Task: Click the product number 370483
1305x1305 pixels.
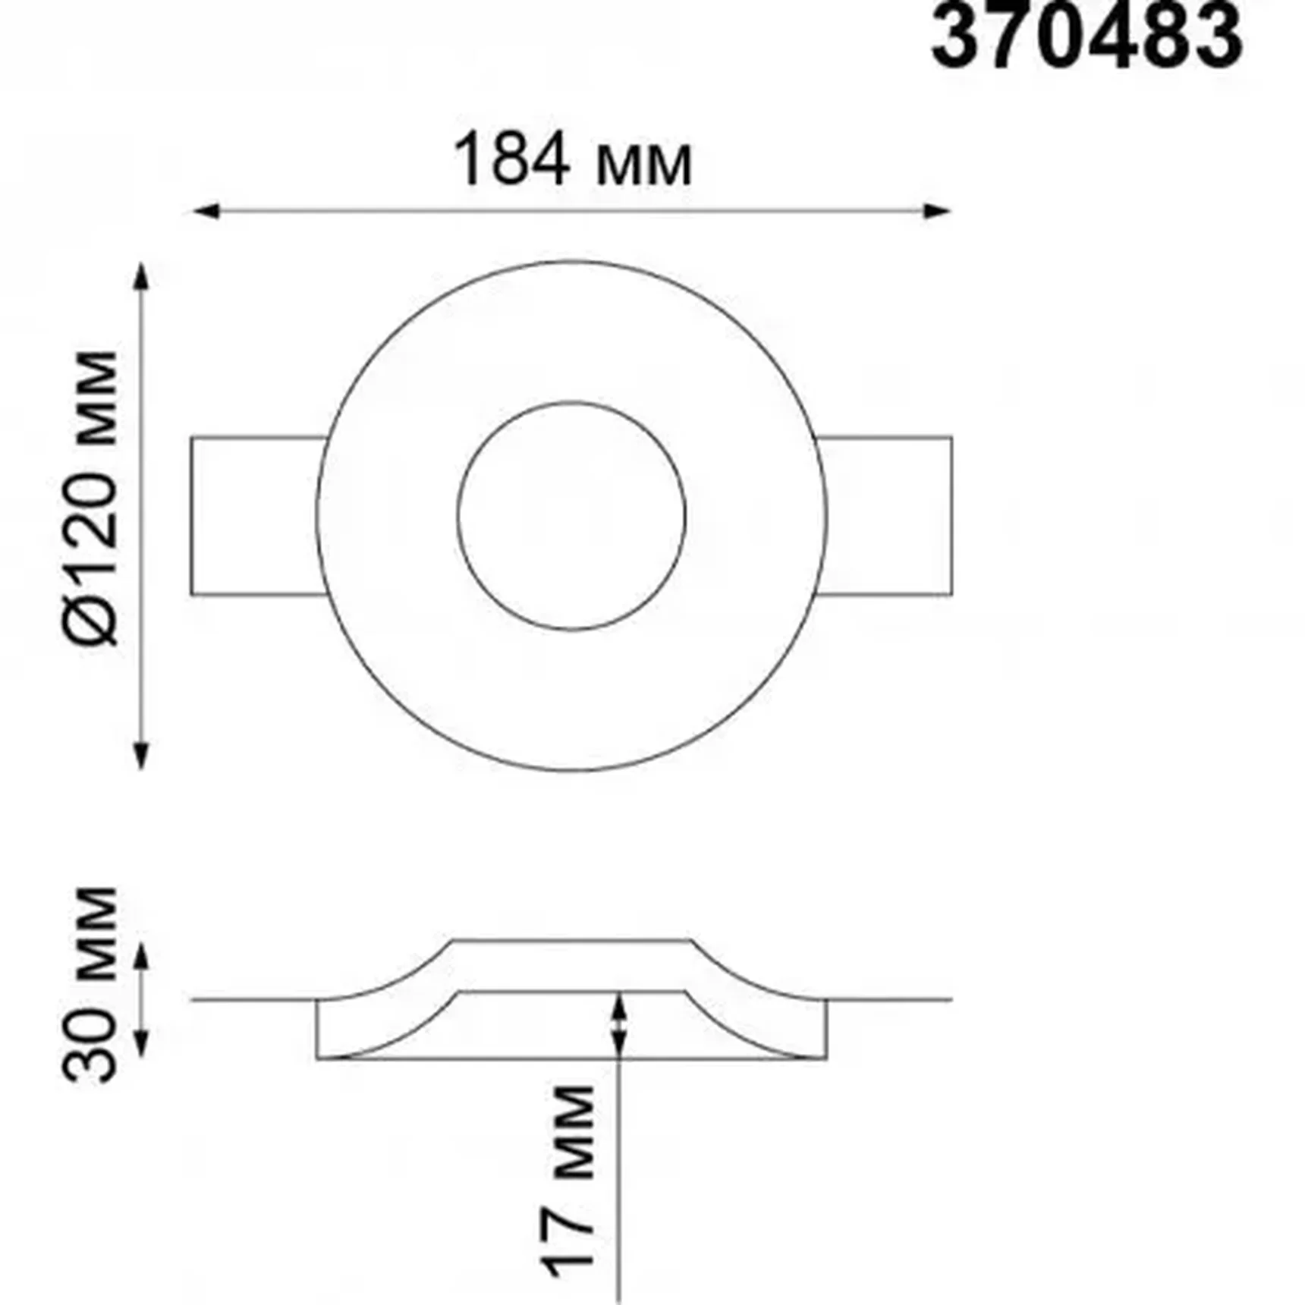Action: pos(1086,36)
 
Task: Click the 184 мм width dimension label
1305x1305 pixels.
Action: pos(572,161)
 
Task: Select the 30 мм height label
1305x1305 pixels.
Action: pos(91,984)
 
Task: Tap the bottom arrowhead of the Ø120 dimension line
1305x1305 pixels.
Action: pos(141,755)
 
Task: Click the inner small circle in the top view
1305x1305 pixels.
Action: pos(572,516)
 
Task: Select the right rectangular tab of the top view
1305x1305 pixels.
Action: pos(888,516)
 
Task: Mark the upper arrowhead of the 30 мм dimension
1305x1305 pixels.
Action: pos(141,958)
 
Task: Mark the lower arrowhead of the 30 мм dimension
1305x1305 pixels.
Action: pos(141,1045)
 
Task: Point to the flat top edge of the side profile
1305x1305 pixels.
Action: pos(572,941)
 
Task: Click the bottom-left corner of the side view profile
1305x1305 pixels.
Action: pos(318,1058)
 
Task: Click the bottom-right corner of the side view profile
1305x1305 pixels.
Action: pos(825,1058)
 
